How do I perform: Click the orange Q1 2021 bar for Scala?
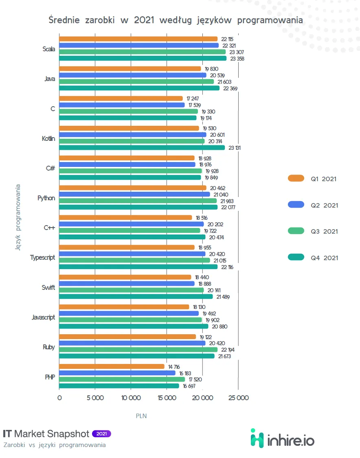pyautogui.click(x=138, y=39)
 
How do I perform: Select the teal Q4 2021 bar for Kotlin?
pyautogui.click(x=142, y=148)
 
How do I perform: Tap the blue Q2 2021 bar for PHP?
pyautogui.click(x=117, y=373)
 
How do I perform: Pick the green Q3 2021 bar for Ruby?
pyautogui.click(x=138, y=350)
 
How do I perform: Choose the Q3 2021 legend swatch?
pyautogui.click(x=296, y=231)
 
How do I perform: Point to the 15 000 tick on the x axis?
pyautogui.click(x=167, y=398)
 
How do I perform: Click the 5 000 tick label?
pyautogui.click(x=95, y=398)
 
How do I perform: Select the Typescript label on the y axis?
pyautogui.click(x=42, y=258)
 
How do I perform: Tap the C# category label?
pyautogui.click(x=50, y=168)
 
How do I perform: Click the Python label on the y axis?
pyautogui.click(x=46, y=198)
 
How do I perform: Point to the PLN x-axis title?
pyautogui.click(x=141, y=416)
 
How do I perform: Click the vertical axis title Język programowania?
pyautogui.click(x=18, y=217)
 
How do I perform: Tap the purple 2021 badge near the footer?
pyautogui.click(x=101, y=434)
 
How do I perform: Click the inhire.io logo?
pyautogui.click(x=282, y=438)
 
